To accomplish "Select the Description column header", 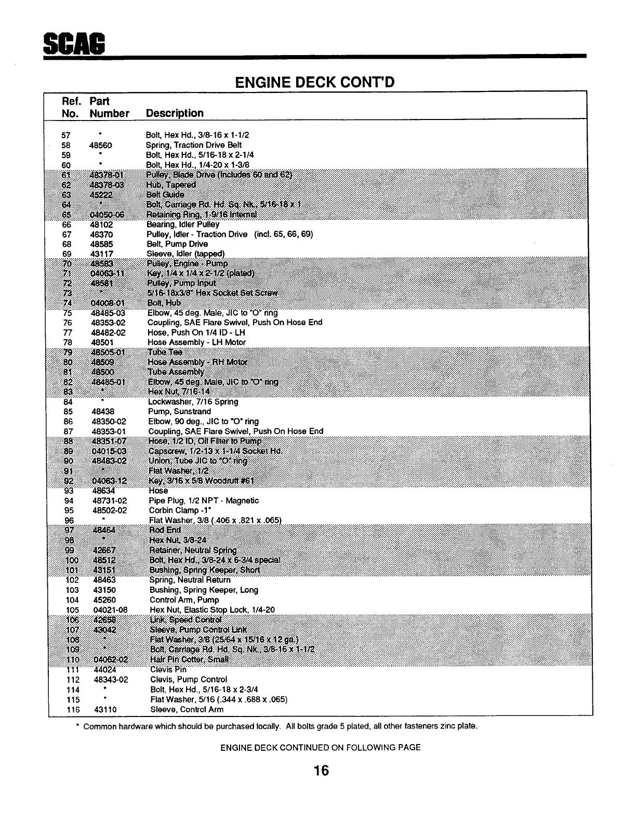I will coord(175,113).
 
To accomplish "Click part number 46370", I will coord(101,234).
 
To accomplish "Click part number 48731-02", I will coord(110,501).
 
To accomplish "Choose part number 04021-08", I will coord(110,610).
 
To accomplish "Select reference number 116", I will coord(72,710).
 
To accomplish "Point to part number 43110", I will coord(105,710).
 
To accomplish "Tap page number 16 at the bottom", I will coord(321,771).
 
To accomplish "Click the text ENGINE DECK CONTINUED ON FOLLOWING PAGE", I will coord(321,748).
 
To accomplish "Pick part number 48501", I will coord(102,342).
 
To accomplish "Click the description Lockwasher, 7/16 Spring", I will coord(193,402).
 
